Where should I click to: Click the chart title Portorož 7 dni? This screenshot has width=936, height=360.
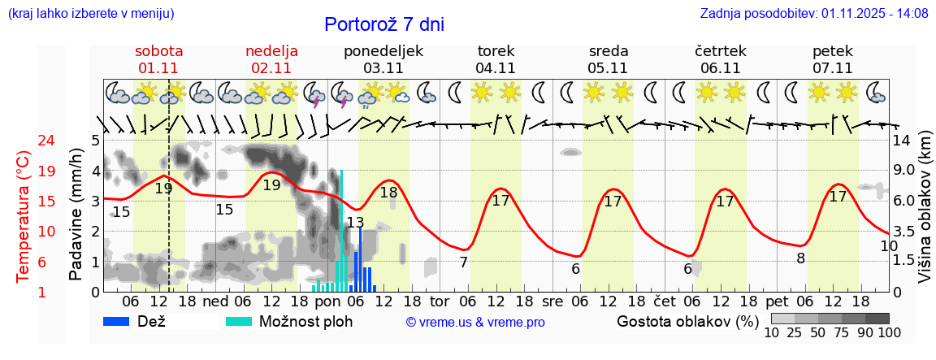(x=384, y=24)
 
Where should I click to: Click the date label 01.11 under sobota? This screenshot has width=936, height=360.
(x=158, y=68)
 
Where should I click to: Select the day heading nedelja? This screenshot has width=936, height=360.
(x=271, y=51)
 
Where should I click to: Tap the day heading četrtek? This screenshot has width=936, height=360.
(x=721, y=51)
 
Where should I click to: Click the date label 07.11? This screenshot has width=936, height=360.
(x=833, y=68)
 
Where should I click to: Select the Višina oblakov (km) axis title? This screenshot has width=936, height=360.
(x=925, y=215)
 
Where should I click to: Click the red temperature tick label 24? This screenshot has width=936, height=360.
(x=24, y=141)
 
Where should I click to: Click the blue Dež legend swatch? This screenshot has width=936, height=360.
(x=122, y=321)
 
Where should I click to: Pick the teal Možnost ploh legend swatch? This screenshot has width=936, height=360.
(x=240, y=321)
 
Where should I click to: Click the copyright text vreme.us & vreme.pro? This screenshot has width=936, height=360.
(x=475, y=323)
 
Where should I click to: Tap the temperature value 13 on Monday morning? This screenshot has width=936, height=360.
(x=355, y=222)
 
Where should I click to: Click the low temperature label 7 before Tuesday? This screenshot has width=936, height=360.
(x=463, y=262)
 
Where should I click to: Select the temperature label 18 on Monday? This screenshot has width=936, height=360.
(x=388, y=193)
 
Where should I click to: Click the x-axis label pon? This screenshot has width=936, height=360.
(x=327, y=301)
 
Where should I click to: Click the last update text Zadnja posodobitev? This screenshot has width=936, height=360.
(x=814, y=14)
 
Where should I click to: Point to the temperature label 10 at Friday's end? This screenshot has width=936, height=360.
(x=889, y=245)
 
